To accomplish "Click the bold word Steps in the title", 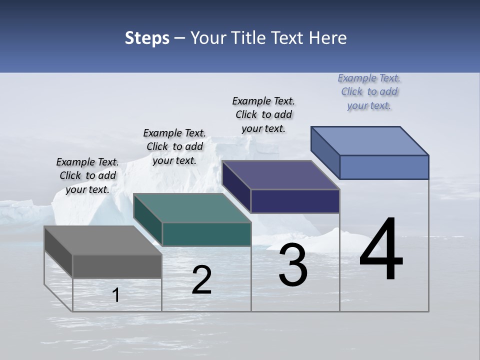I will click(x=147, y=38).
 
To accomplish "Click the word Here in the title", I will click(x=328, y=38).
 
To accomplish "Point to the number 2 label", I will click(x=201, y=280).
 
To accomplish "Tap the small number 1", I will click(x=116, y=295).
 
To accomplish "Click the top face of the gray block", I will click(x=102, y=240).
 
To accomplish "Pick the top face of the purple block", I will click(x=280, y=175).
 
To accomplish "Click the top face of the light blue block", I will click(x=369, y=141).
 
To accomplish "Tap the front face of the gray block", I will click(x=117, y=266).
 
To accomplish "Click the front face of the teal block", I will click(x=206, y=234).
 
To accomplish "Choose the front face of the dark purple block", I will click(x=295, y=201).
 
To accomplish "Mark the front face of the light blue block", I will click(x=384, y=167).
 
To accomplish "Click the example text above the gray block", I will click(x=87, y=175).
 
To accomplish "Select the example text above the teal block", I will click(x=174, y=146).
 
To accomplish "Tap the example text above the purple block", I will click(x=263, y=114).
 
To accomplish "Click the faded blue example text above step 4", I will click(x=369, y=91).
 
